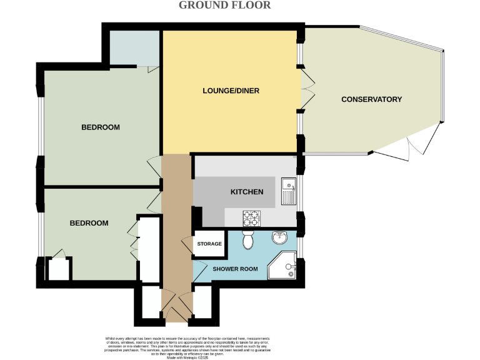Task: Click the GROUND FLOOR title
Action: [x=225, y=6]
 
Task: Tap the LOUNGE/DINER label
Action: [x=231, y=91]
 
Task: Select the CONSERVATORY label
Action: [x=371, y=99]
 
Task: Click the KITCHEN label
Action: [x=247, y=192]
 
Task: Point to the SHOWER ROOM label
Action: [x=235, y=269]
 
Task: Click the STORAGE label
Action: [x=209, y=244]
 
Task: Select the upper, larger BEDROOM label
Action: [x=101, y=127]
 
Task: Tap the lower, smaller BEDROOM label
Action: [x=89, y=223]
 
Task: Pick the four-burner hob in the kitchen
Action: [x=252, y=219]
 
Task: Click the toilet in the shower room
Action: [x=247, y=239]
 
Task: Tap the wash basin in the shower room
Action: [x=279, y=237]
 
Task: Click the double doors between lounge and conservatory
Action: [x=306, y=91]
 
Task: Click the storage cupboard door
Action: [x=186, y=245]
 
